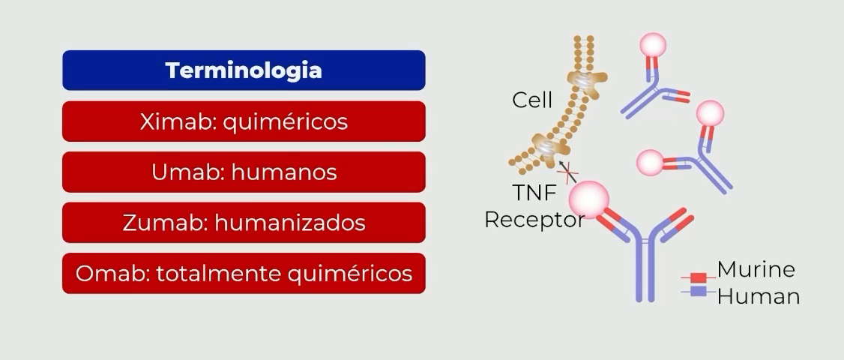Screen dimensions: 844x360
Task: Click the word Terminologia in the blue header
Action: (244, 70)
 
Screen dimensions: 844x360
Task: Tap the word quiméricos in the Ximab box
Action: (285, 121)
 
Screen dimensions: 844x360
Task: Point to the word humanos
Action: (284, 172)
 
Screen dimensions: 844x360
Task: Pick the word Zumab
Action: (164, 223)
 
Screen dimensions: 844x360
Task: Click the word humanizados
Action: (290, 223)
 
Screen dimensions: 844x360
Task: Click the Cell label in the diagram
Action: (532, 100)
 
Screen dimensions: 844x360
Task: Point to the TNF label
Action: (534, 193)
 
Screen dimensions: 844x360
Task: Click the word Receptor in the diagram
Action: (534, 220)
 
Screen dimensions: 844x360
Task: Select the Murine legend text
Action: (756, 269)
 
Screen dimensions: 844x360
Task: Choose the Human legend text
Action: (758, 295)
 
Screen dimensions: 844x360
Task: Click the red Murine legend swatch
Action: (698, 278)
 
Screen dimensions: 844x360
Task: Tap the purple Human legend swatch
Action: (698, 290)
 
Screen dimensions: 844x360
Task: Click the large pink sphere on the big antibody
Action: (588, 198)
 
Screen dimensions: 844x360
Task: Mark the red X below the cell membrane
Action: (570, 172)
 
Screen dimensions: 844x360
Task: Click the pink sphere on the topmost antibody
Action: (653, 44)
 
